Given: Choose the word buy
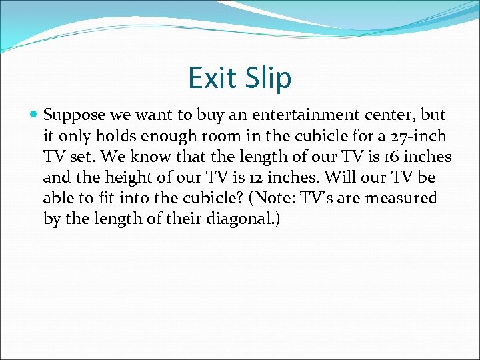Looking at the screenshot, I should click(199, 115).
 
